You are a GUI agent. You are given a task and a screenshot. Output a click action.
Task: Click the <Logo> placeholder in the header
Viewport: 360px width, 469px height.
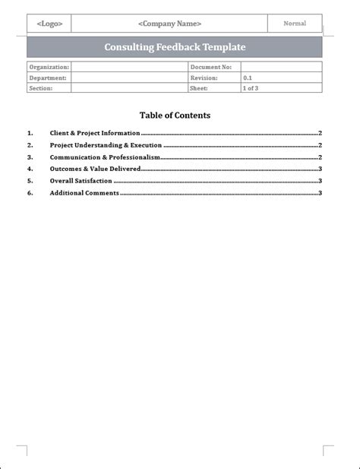[x=49, y=24]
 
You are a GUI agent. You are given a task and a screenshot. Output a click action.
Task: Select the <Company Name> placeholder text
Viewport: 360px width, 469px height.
[x=169, y=24]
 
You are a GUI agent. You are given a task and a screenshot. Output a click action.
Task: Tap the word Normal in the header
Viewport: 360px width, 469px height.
[x=295, y=24]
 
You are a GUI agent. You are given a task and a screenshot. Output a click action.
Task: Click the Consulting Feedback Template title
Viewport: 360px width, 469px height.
[x=175, y=47]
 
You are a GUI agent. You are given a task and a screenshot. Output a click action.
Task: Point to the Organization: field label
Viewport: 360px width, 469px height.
[x=49, y=67]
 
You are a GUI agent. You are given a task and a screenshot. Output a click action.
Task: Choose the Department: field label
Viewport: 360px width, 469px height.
[x=48, y=78]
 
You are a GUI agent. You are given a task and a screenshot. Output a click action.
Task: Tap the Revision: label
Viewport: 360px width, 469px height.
[x=204, y=78]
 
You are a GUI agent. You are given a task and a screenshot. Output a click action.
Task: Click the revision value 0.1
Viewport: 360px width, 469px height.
[x=248, y=78]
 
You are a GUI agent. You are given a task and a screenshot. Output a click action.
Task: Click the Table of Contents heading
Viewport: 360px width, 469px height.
[x=175, y=116]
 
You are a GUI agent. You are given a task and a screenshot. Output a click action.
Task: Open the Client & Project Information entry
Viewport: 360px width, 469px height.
[x=95, y=133]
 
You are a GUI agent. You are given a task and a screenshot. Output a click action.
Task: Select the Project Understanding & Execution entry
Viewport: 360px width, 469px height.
[x=106, y=145]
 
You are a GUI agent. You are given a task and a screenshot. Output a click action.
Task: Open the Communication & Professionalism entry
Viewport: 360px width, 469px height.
[x=105, y=157]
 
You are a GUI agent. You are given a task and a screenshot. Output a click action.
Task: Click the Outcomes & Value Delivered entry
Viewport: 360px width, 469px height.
[x=95, y=169]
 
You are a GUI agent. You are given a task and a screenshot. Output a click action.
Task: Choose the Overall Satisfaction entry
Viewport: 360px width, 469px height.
[x=81, y=181]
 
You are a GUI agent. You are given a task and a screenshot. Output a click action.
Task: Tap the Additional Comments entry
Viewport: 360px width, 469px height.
[x=84, y=193]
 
